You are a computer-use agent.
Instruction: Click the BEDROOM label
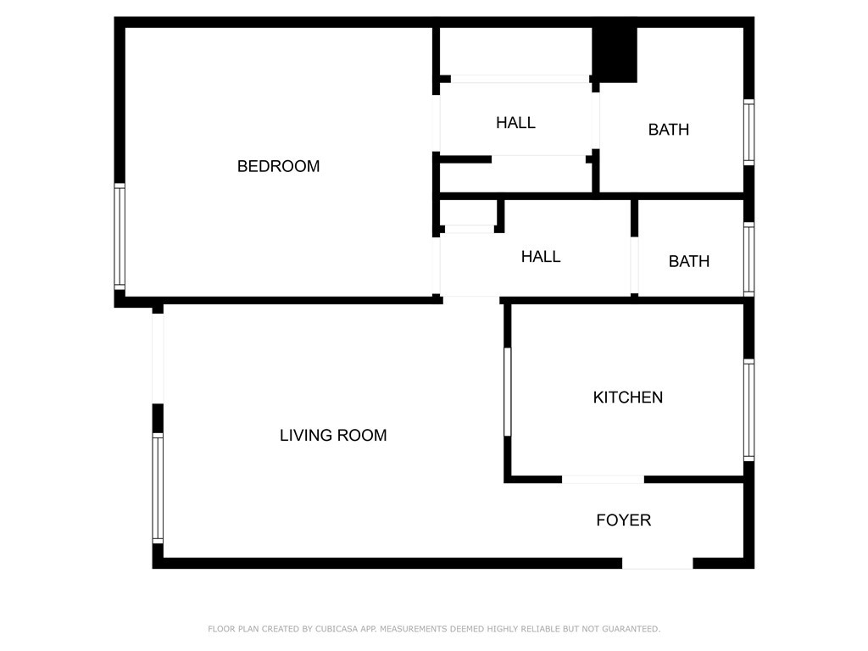click(x=278, y=166)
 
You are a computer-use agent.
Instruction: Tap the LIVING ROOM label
click(x=333, y=435)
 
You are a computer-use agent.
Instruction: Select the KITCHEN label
click(x=628, y=397)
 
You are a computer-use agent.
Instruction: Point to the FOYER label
click(x=624, y=520)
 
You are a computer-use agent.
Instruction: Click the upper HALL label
click(x=516, y=122)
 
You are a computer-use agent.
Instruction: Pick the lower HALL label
click(x=541, y=256)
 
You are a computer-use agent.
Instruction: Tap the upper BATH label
click(x=669, y=130)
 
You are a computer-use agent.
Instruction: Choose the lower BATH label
click(x=689, y=261)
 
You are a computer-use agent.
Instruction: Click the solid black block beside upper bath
click(x=615, y=55)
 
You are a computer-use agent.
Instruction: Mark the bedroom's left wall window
click(x=120, y=236)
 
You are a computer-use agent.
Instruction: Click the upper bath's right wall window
click(x=749, y=132)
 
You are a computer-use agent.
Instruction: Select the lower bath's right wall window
click(x=749, y=259)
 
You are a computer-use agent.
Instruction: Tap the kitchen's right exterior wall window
click(x=749, y=410)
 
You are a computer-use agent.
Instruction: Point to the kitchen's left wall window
click(x=508, y=392)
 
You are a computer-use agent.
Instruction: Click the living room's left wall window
click(x=158, y=487)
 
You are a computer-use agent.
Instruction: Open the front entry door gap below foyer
click(x=658, y=564)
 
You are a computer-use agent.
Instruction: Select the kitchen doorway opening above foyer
click(x=604, y=480)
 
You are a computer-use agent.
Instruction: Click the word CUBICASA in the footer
click(x=337, y=629)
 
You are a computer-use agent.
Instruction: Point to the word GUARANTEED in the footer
click(x=631, y=629)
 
